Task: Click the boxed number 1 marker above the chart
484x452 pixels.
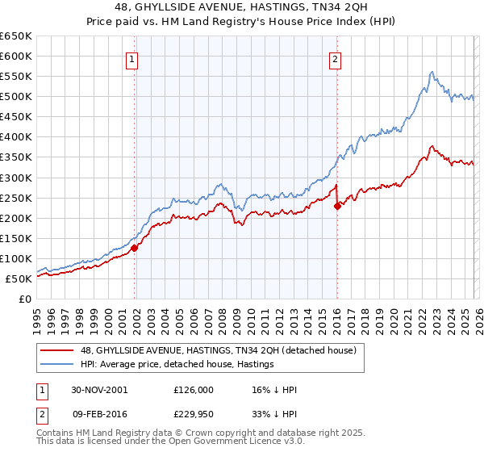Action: [131, 58]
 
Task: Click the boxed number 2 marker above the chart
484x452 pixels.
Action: [334, 58]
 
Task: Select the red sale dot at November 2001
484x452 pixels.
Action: [135, 248]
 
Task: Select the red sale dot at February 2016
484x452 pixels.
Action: [337, 206]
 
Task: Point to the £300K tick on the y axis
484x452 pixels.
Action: [16, 178]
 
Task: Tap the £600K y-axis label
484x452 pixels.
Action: [16, 56]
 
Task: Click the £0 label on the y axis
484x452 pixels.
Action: [24, 299]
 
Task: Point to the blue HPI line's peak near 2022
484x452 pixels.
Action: [432, 72]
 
